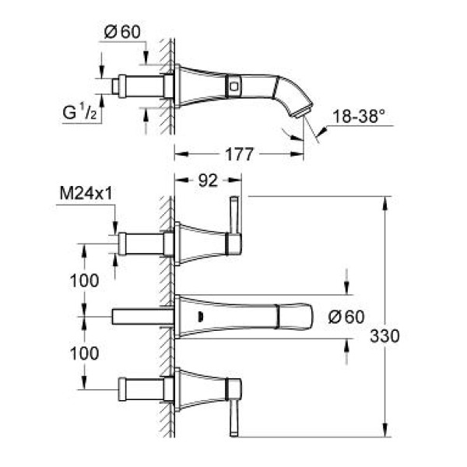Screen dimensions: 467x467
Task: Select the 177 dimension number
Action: (239, 155)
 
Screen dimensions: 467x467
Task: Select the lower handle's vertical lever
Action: (233, 413)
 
